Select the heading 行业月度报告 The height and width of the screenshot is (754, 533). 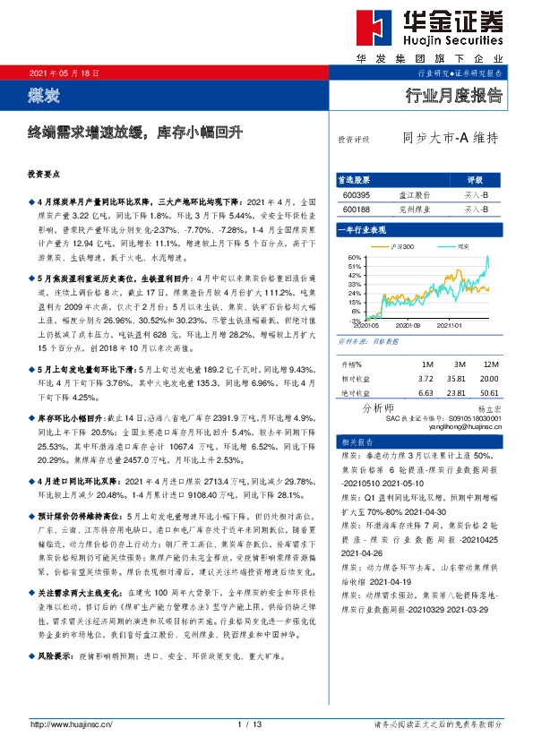click(x=454, y=93)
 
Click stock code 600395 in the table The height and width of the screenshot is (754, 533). click(x=355, y=193)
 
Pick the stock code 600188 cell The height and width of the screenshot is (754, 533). click(x=355, y=208)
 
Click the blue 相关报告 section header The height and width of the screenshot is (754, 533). click(x=349, y=443)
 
